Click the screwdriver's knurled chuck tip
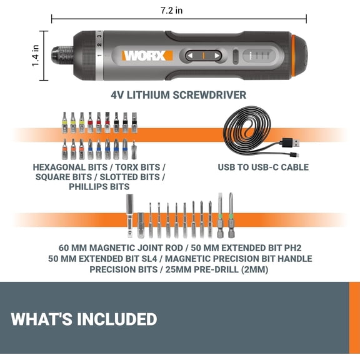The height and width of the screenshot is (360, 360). click(x=64, y=56)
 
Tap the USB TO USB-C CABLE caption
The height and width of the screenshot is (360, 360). click(x=263, y=167)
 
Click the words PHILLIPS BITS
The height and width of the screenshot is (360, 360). click(x=99, y=187)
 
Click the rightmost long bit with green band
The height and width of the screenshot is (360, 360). click(x=231, y=216)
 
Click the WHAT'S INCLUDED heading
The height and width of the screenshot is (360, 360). click(x=84, y=319)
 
